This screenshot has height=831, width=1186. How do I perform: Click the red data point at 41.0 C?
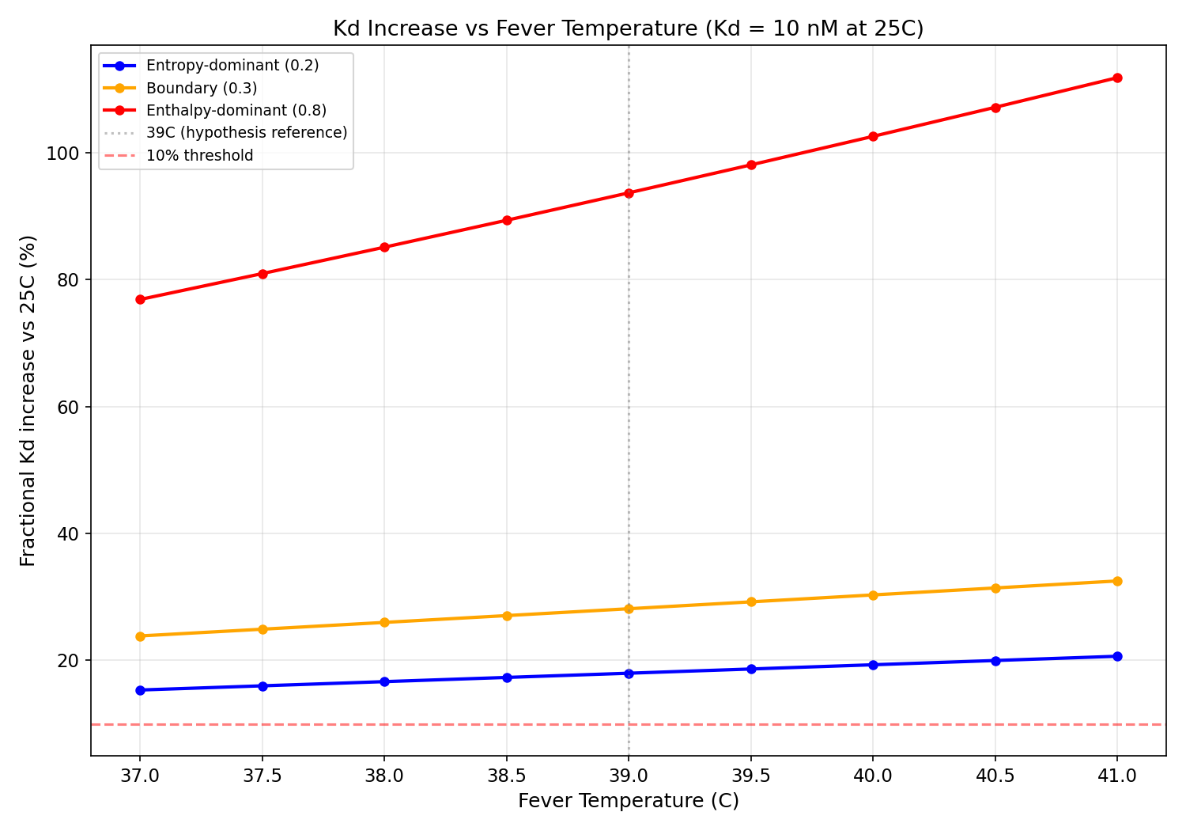(1117, 78)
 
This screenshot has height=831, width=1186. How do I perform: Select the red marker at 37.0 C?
(140, 299)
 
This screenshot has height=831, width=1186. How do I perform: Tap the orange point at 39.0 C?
(629, 609)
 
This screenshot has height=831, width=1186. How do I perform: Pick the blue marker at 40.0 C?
(873, 665)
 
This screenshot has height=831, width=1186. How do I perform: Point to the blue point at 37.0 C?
(140, 690)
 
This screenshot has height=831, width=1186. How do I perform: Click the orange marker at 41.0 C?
(1117, 581)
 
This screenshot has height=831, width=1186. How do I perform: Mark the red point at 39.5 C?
(751, 165)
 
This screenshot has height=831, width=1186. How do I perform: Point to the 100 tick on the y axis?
(66, 153)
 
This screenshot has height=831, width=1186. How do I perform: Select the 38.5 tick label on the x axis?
(507, 776)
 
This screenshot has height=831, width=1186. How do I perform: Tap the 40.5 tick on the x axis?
(995, 776)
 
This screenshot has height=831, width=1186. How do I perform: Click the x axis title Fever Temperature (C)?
(629, 801)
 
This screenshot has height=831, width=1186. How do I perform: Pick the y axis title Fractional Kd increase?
(28, 400)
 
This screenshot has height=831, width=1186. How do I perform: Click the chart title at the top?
(629, 28)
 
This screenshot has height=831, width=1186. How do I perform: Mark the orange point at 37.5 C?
(263, 629)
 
